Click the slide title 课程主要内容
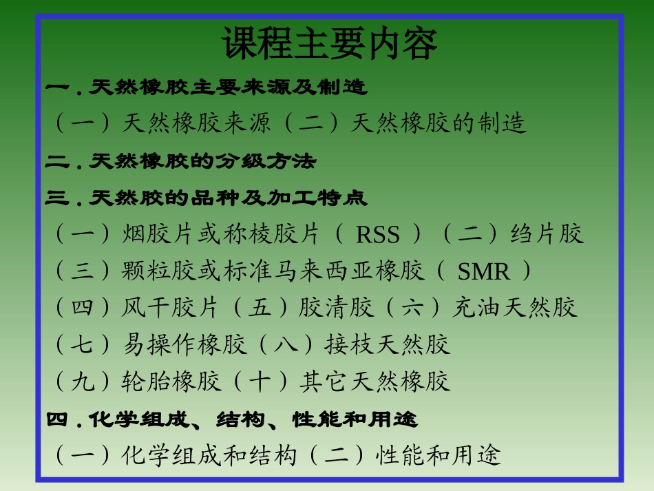pyautogui.click(x=330, y=45)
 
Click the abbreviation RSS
pyautogui.click(x=378, y=236)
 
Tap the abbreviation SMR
pyautogui.click(x=483, y=272)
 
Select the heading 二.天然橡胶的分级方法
pyautogui.click(x=181, y=162)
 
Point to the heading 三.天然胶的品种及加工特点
pyautogui.click(x=207, y=199)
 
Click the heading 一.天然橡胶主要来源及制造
pyautogui.click(x=207, y=87)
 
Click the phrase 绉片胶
pyautogui.click(x=547, y=234)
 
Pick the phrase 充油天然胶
pyautogui.click(x=514, y=307)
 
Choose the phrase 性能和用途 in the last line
pyautogui.click(x=438, y=455)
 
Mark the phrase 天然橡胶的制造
pyautogui.click(x=439, y=123)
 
